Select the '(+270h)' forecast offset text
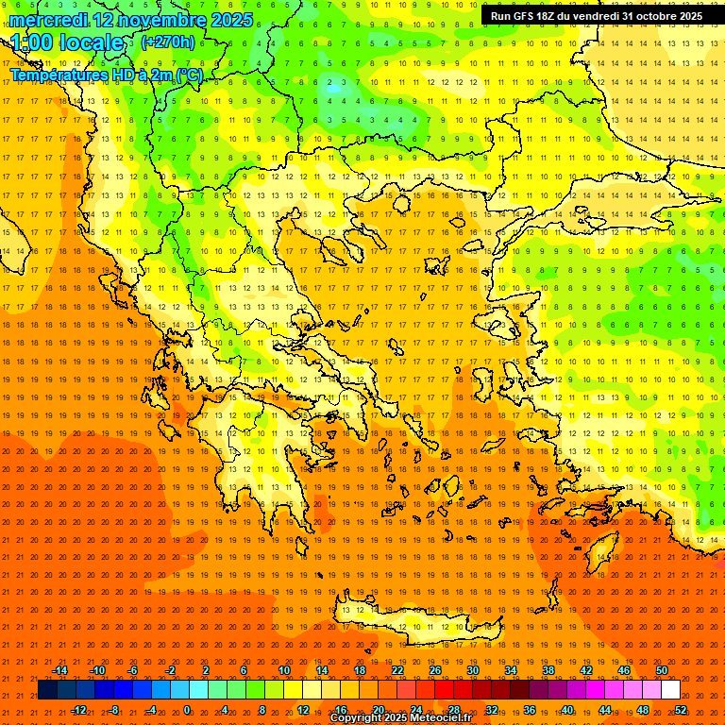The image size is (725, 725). [x=168, y=42]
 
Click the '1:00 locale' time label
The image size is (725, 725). [x=68, y=42]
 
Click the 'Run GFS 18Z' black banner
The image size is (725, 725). [x=596, y=16]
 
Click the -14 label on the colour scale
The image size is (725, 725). [x=59, y=670]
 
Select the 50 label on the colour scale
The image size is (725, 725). [x=662, y=670]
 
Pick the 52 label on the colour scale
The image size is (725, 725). [x=681, y=710]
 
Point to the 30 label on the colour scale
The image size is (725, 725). [x=473, y=670]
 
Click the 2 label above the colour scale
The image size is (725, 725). [x=206, y=670]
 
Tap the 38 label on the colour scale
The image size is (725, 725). [x=548, y=670]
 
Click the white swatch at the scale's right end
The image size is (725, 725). [x=670, y=690]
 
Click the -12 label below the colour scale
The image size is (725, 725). [x=78, y=710]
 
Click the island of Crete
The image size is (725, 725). [x=406, y=625]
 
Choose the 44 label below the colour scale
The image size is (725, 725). [x=605, y=710]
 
